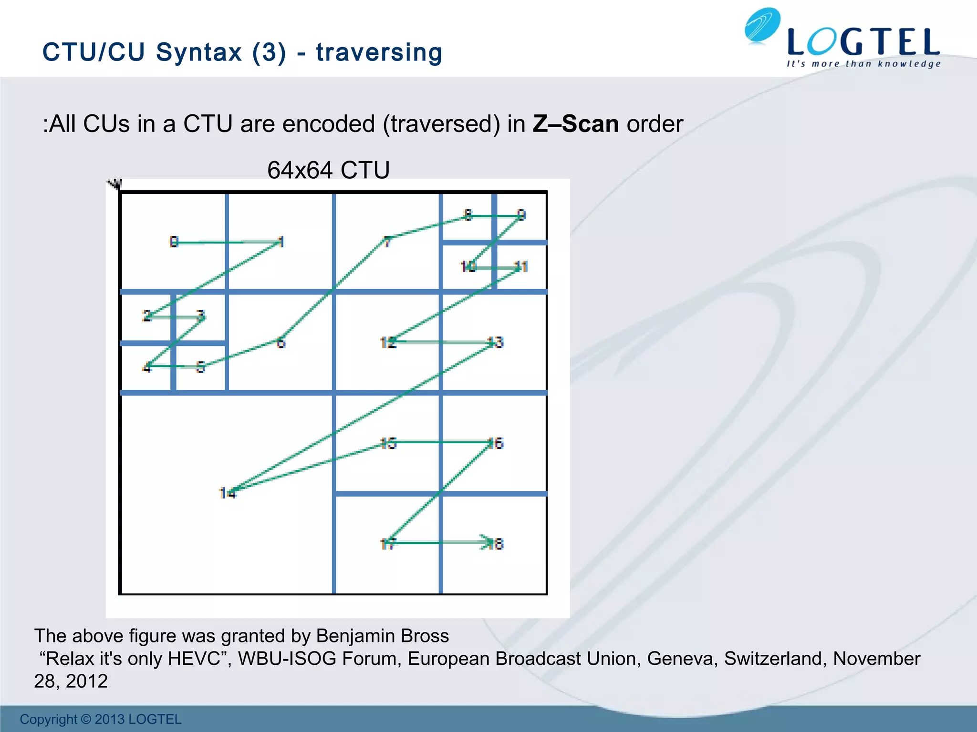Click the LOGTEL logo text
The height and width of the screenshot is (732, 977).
pyautogui.click(x=863, y=42)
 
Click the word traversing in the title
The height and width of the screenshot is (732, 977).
pyautogui.click(x=379, y=52)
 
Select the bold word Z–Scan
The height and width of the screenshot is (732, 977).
pyautogui.click(x=576, y=124)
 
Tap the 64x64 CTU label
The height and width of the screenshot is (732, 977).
pyautogui.click(x=328, y=170)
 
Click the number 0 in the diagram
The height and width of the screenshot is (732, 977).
pyautogui.click(x=174, y=242)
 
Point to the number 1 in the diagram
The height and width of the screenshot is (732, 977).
pyautogui.click(x=281, y=242)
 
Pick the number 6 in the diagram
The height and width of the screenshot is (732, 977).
pyautogui.click(x=281, y=343)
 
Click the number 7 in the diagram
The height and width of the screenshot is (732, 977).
pyautogui.click(x=387, y=242)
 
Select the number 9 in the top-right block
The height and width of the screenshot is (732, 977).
pyautogui.click(x=521, y=215)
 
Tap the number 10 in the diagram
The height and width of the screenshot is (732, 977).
pyautogui.click(x=468, y=267)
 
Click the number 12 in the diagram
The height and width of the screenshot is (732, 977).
pyautogui.click(x=388, y=343)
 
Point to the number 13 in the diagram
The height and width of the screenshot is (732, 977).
pyautogui.click(x=496, y=343)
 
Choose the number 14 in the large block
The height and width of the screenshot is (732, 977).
pyautogui.click(x=228, y=493)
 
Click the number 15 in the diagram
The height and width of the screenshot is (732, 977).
pyautogui.click(x=388, y=444)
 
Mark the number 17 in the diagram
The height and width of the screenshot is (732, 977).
pyautogui.click(x=387, y=544)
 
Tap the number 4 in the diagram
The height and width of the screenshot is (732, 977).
pyautogui.click(x=147, y=368)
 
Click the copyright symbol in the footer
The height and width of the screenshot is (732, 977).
pyautogui.click(x=85, y=719)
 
